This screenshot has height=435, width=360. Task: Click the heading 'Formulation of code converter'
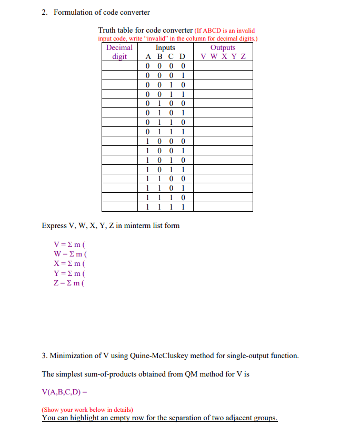(x=102, y=12)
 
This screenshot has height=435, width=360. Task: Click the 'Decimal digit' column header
(x=119, y=52)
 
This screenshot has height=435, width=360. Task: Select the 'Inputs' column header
(x=165, y=47)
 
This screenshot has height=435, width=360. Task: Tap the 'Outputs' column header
(x=223, y=47)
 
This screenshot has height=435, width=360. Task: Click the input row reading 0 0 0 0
(x=165, y=66)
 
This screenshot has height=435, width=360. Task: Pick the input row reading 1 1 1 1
(x=165, y=207)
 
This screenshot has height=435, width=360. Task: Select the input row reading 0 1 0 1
(x=165, y=113)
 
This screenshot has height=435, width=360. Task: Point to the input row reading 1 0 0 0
(x=165, y=141)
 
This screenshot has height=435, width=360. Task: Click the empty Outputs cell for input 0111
(x=223, y=132)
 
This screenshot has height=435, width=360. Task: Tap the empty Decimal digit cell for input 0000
(x=119, y=66)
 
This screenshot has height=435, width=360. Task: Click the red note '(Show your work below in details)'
(x=87, y=409)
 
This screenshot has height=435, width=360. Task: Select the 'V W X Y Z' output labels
(x=223, y=56)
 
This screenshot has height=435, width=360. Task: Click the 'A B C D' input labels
(x=165, y=56)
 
